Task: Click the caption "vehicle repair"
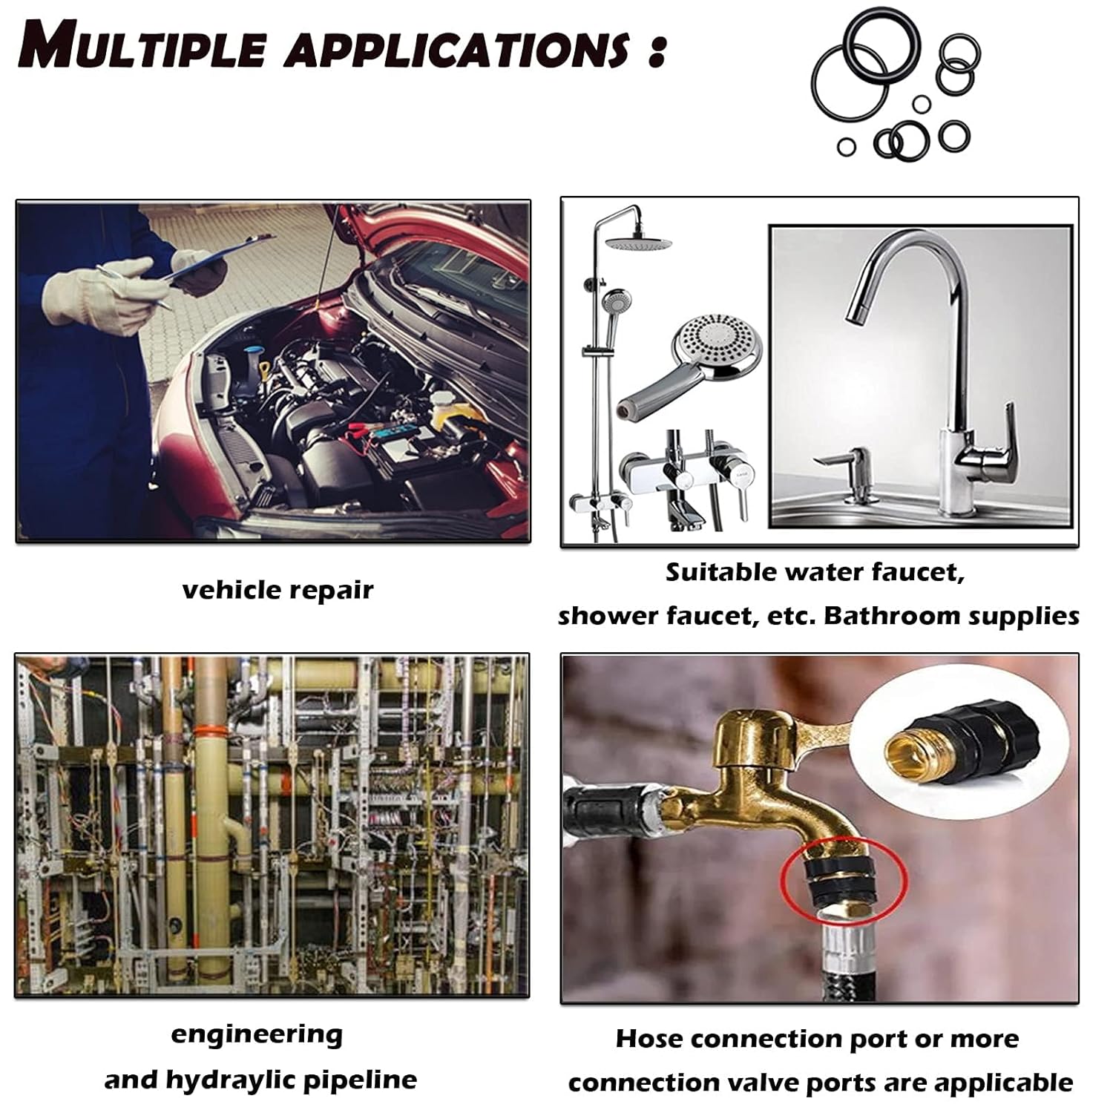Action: point(278,591)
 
